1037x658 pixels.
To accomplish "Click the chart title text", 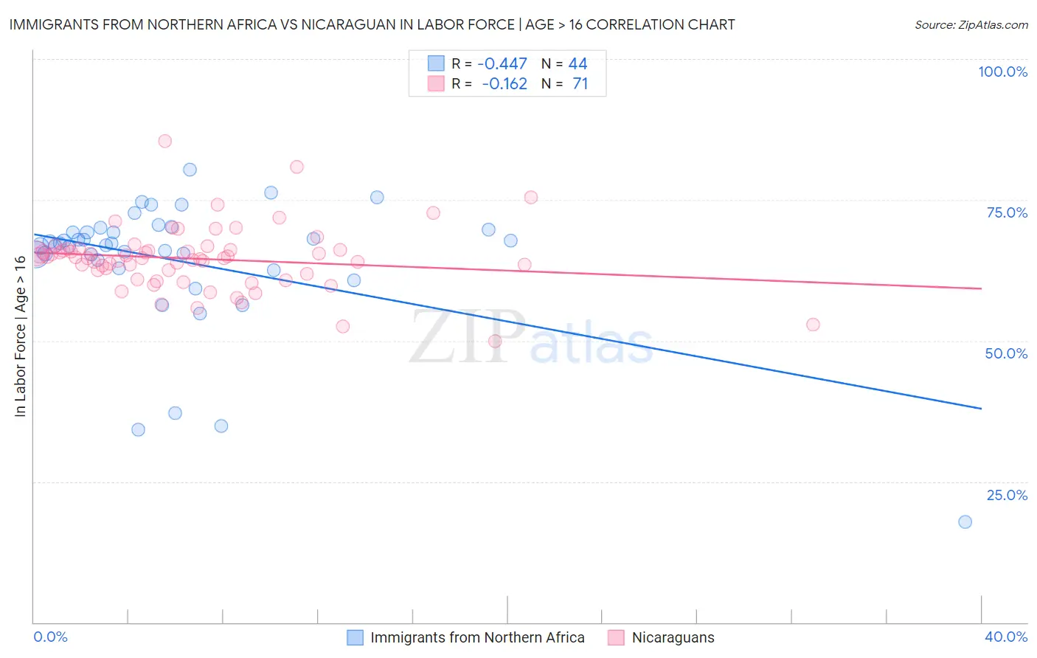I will tap(372, 24).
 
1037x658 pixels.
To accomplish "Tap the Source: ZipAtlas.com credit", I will tap(971, 24).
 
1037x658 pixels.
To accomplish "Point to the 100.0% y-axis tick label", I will tap(1002, 72).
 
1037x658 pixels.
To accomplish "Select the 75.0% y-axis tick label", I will tap(1007, 212).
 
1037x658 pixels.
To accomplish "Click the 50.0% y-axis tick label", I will tap(1006, 353).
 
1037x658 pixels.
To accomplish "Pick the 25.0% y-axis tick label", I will tap(1007, 495).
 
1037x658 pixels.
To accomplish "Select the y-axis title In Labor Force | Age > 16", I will tap(20, 336).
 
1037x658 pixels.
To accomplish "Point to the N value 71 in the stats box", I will tap(580, 84).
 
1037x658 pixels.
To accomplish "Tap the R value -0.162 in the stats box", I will tap(504, 84).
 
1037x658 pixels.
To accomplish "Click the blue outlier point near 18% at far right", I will tap(965, 522).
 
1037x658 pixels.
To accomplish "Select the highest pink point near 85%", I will tap(165, 141).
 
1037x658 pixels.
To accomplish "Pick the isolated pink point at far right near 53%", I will tap(813, 325).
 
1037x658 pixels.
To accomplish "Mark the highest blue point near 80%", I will tap(190, 170).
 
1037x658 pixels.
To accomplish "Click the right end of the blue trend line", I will tap(981, 408).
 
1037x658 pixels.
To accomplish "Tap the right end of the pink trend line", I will tap(981, 288).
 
